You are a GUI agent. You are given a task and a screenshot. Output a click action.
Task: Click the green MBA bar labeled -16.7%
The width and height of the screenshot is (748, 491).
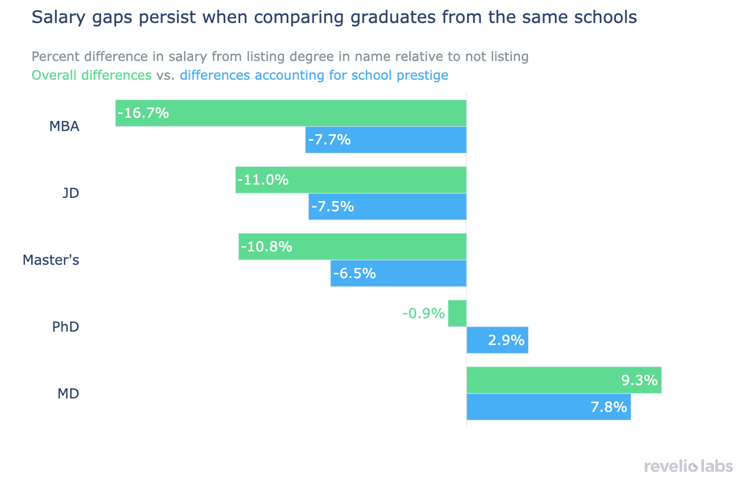(291, 113)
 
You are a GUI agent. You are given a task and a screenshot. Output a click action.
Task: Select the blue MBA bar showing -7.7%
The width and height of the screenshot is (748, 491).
(386, 140)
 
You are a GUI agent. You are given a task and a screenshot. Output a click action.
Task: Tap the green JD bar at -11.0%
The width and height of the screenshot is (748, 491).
(350, 180)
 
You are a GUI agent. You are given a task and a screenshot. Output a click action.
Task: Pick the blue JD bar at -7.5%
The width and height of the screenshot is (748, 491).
(387, 206)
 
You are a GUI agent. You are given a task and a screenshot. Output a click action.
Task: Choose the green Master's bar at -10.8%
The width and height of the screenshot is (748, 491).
(352, 247)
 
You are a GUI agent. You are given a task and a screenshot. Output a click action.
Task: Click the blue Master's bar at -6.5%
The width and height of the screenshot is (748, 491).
(398, 273)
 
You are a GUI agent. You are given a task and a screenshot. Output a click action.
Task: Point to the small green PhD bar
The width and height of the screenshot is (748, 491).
(457, 313)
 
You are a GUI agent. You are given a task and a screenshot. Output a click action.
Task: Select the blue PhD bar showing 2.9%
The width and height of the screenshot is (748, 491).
(497, 340)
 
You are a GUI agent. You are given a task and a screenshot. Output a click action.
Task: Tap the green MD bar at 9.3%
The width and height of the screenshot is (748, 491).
(564, 380)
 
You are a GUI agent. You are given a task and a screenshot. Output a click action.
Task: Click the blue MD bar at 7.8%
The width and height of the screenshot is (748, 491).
(548, 407)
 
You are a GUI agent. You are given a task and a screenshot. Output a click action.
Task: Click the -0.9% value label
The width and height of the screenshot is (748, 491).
(423, 313)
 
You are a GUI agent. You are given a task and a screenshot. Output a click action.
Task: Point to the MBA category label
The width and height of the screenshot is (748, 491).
(64, 127)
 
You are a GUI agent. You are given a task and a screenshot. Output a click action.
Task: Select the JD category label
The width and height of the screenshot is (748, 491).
(71, 193)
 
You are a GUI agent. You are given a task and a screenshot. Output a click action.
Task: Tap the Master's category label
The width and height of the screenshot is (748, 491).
(51, 260)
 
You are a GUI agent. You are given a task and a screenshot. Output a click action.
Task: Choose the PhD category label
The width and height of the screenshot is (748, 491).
(66, 327)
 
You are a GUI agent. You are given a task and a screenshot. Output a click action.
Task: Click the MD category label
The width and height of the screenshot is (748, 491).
(68, 394)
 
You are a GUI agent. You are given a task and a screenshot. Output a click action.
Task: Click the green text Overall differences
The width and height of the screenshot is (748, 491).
(91, 75)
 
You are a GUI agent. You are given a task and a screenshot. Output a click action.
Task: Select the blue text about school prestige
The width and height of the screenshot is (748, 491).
(314, 75)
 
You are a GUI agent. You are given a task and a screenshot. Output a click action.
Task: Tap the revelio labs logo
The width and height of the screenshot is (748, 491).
(688, 466)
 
